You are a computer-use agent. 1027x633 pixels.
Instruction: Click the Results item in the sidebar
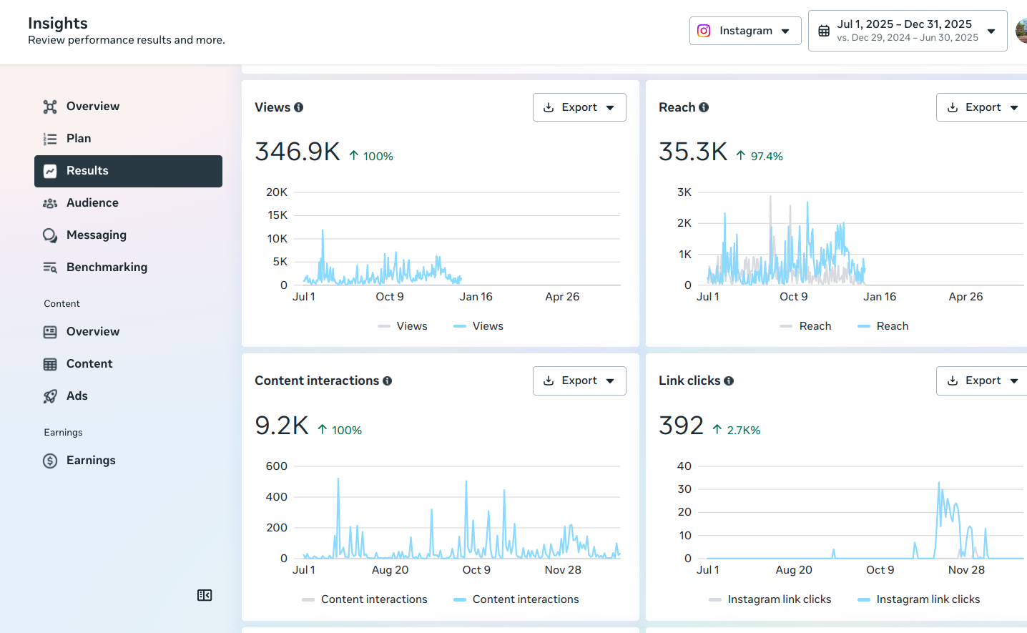[x=128, y=171]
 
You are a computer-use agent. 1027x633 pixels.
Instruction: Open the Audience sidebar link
[x=92, y=203]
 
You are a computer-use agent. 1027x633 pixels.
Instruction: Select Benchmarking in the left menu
[x=107, y=268]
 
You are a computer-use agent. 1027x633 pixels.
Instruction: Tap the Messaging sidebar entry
[x=96, y=235]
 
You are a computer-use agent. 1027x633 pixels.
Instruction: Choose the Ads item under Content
[x=77, y=396]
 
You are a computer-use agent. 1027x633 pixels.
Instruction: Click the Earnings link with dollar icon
[x=90, y=461]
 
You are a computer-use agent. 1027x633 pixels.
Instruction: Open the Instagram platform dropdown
[x=745, y=31]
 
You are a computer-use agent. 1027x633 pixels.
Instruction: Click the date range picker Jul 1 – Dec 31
[x=907, y=31]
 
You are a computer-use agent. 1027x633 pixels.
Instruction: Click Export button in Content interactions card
[x=579, y=381]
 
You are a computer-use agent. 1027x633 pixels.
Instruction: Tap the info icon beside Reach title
[x=704, y=107]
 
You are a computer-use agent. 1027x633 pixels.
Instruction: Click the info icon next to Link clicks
[x=729, y=381]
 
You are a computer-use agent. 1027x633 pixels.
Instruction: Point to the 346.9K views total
[x=298, y=152]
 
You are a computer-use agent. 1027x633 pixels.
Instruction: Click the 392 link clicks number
[x=681, y=426]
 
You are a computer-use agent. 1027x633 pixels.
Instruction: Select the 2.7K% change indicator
[x=743, y=430]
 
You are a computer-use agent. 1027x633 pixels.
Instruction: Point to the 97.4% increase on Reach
[x=766, y=156]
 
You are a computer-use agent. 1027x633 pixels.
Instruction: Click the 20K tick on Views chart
[x=277, y=192]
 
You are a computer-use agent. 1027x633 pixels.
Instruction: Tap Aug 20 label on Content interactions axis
[x=390, y=570]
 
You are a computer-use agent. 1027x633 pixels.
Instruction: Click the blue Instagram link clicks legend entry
[x=927, y=599]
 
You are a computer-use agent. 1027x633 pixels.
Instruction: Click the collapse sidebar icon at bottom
[x=205, y=595]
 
